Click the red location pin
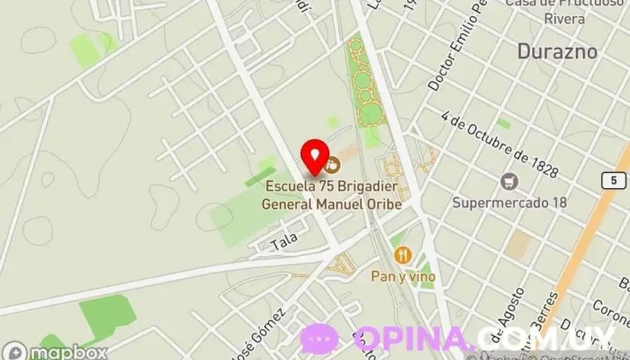click(313, 156)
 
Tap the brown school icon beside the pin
click(332, 164)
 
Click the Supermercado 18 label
click(509, 202)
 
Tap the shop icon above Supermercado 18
click(510, 181)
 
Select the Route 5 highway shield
click(614, 181)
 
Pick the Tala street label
click(283, 244)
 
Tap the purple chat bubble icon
click(319, 339)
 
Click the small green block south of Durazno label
click(504, 123)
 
